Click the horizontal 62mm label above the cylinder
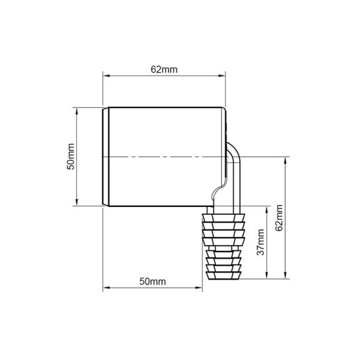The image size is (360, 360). (164, 70)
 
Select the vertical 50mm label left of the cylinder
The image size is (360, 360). (71, 157)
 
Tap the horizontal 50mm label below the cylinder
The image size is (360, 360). (152, 281)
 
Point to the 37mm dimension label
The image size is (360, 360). (260, 242)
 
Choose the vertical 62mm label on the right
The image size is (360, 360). (279, 218)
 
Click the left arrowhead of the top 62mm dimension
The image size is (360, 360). (106, 76)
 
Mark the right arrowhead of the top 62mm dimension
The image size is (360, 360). (222, 76)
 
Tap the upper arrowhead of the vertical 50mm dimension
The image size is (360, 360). (77, 111)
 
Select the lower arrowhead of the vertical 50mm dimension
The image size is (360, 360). (77, 203)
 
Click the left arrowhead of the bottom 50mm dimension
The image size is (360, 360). (106, 287)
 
